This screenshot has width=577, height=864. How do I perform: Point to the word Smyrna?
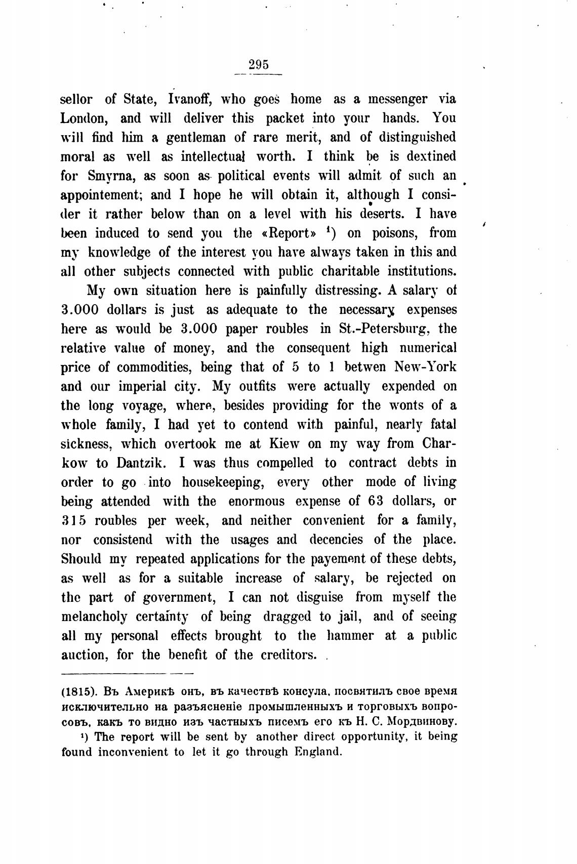[110, 176]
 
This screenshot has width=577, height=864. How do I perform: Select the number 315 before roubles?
[73, 521]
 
